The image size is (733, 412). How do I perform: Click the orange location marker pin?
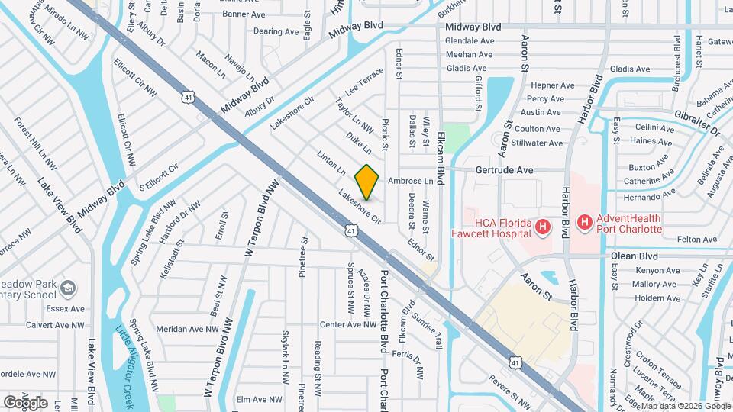pyautogui.click(x=367, y=182)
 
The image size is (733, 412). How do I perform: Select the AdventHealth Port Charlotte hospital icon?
pyautogui.click(x=584, y=223)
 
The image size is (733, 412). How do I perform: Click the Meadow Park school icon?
pyautogui.click(x=69, y=288)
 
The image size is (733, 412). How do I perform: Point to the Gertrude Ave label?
pyautogui.click(x=504, y=170)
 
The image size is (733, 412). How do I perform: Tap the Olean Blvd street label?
pyautogui.click(x=633, y=256)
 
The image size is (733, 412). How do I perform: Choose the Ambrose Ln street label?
pyautogui.click(x=410, y=182)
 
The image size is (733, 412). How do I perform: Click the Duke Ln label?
pyautogui.click(x=358, y=142)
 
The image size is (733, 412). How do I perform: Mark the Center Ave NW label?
pyautogui.click(x=348, y=324)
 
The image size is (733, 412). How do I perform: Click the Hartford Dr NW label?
pyautogui.click(x=184, y=217)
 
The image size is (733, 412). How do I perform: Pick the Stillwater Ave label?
pyautogui.click(x=538, y=143)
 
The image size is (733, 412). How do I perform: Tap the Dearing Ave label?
pyautogui.click(x=276, y=31)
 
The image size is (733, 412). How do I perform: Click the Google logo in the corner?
pyautogui.click(x=25, y=402)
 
